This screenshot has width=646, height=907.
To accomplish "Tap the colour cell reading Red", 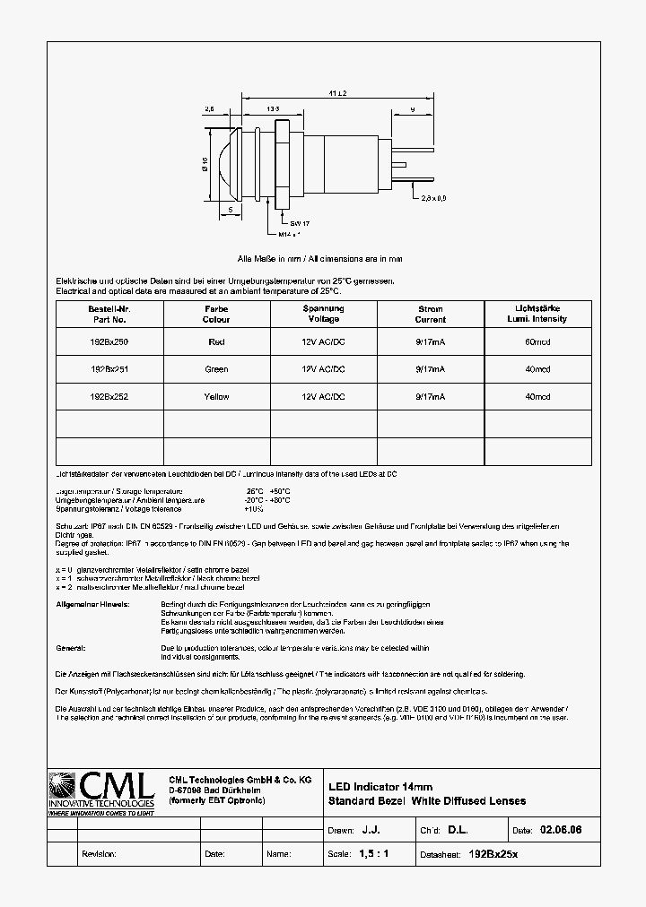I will tap(216, 341).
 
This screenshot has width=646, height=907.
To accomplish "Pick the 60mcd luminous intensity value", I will tap(537, 341).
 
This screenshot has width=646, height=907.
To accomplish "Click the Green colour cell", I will tap(216, 369).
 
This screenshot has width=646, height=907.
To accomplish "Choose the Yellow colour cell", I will tap(216, 397).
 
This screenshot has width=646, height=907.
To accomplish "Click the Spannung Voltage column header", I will tap(323, 314).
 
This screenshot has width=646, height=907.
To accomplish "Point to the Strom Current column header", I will tap(431, 314).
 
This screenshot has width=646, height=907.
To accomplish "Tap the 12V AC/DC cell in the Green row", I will tap(323, 369).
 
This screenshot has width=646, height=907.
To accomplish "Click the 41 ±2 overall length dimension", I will tap(337, 93).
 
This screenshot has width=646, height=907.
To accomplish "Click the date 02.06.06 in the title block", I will tap(562, 831).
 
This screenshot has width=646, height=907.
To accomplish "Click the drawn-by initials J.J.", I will tap(371, 831).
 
